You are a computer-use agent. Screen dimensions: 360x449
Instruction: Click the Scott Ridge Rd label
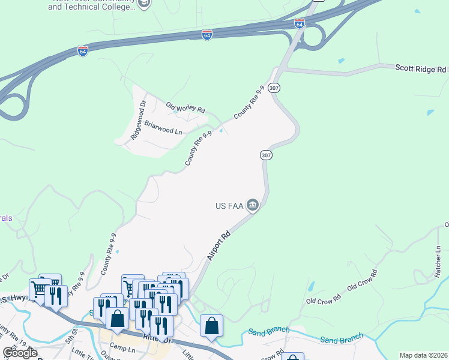tap(420, 69)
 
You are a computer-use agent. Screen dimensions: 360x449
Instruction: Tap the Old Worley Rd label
tap(185, 107)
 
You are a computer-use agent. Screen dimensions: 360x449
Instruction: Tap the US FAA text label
tap(229, 206)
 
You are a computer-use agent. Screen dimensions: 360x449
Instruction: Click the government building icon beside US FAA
tap(253, 206)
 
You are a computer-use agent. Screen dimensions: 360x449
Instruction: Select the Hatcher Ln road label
tap(438, 261)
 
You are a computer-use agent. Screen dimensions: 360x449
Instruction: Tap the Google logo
tap(20, 353)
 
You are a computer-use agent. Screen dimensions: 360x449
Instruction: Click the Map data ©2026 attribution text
tap(423, 355)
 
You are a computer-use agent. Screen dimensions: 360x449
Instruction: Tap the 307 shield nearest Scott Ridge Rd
tap(274, 88)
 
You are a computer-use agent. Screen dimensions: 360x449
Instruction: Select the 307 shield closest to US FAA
tap(267, 155)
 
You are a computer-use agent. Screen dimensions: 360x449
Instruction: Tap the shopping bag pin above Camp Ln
tap(117, 318)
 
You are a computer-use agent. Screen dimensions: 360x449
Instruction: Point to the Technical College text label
tap(99, 7)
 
